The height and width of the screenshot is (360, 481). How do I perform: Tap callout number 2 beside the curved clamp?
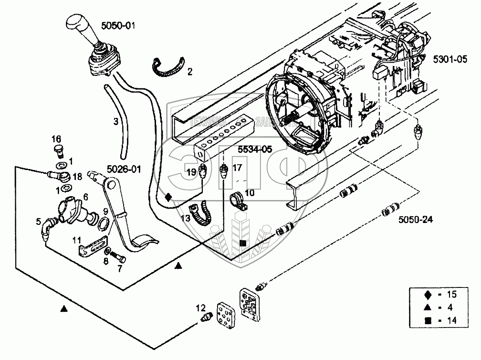[189, 72]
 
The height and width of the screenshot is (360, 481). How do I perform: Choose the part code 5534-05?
[254, 149]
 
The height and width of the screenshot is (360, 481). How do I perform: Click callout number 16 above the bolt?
[57, 138]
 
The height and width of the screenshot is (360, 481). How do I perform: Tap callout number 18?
[77, 176]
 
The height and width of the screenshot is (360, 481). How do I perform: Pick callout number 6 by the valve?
[85, 196]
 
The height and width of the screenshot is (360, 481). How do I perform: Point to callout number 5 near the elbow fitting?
[38, 221]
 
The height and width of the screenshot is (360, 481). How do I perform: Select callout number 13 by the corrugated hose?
[186, 218]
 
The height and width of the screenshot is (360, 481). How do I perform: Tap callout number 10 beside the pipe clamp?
[250, 193]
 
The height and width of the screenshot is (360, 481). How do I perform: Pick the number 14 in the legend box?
[451, 321]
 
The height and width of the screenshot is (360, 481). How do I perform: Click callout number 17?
[238, 168]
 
